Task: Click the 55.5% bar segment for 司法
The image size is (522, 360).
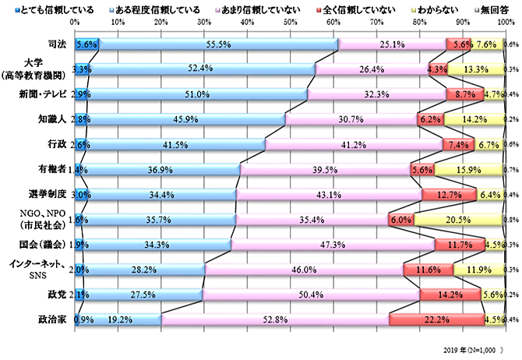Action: coord(218,45)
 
